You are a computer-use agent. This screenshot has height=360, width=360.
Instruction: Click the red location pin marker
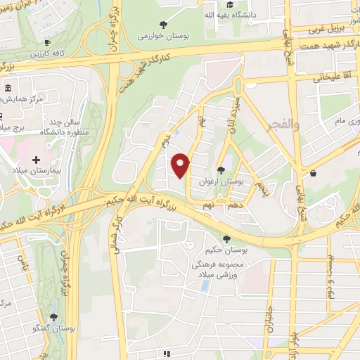(x=181, y=165)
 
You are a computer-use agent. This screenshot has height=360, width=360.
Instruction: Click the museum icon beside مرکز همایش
(x=8, y=89)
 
